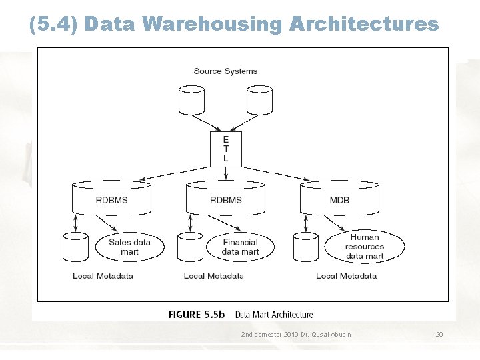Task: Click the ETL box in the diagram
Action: (x=225, y=149)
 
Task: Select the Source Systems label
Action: (x=225, y=71)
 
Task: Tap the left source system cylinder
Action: (x=192, y=100)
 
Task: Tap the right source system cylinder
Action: (x=259, y=100)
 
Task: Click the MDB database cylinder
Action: (x=339, y=198)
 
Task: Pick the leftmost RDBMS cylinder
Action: (x=111, y=198)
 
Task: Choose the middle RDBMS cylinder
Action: (x=225, y=198)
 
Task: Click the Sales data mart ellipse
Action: (x=129, y=247)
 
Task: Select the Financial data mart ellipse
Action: (x=240, y=247)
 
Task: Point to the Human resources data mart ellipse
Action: (x=364, y=247)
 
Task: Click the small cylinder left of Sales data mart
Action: (x=75, y=247)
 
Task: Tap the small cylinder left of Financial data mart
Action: (x=191, y=247)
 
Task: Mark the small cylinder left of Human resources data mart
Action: (x=306, y=247)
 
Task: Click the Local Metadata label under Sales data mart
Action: (x=103, y=276)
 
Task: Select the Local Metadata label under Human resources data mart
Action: (x=346, y=276)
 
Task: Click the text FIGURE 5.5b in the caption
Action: (x=197, y=315)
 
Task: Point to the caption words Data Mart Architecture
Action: (x=273, y=315)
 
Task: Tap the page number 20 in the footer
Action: (x=439, y=334)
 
